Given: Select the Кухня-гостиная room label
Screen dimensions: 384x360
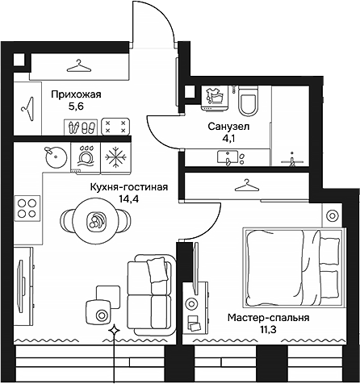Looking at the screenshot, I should pyautogui.click(x=129, y=187).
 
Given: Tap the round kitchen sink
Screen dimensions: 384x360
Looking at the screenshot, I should pyautogui.click(x=54, y=155).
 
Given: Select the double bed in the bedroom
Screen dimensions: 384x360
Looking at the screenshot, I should pyautogui.click(x=291, y=264).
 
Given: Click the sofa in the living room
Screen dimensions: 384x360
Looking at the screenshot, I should pyautogui.click(x=150, y=289).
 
